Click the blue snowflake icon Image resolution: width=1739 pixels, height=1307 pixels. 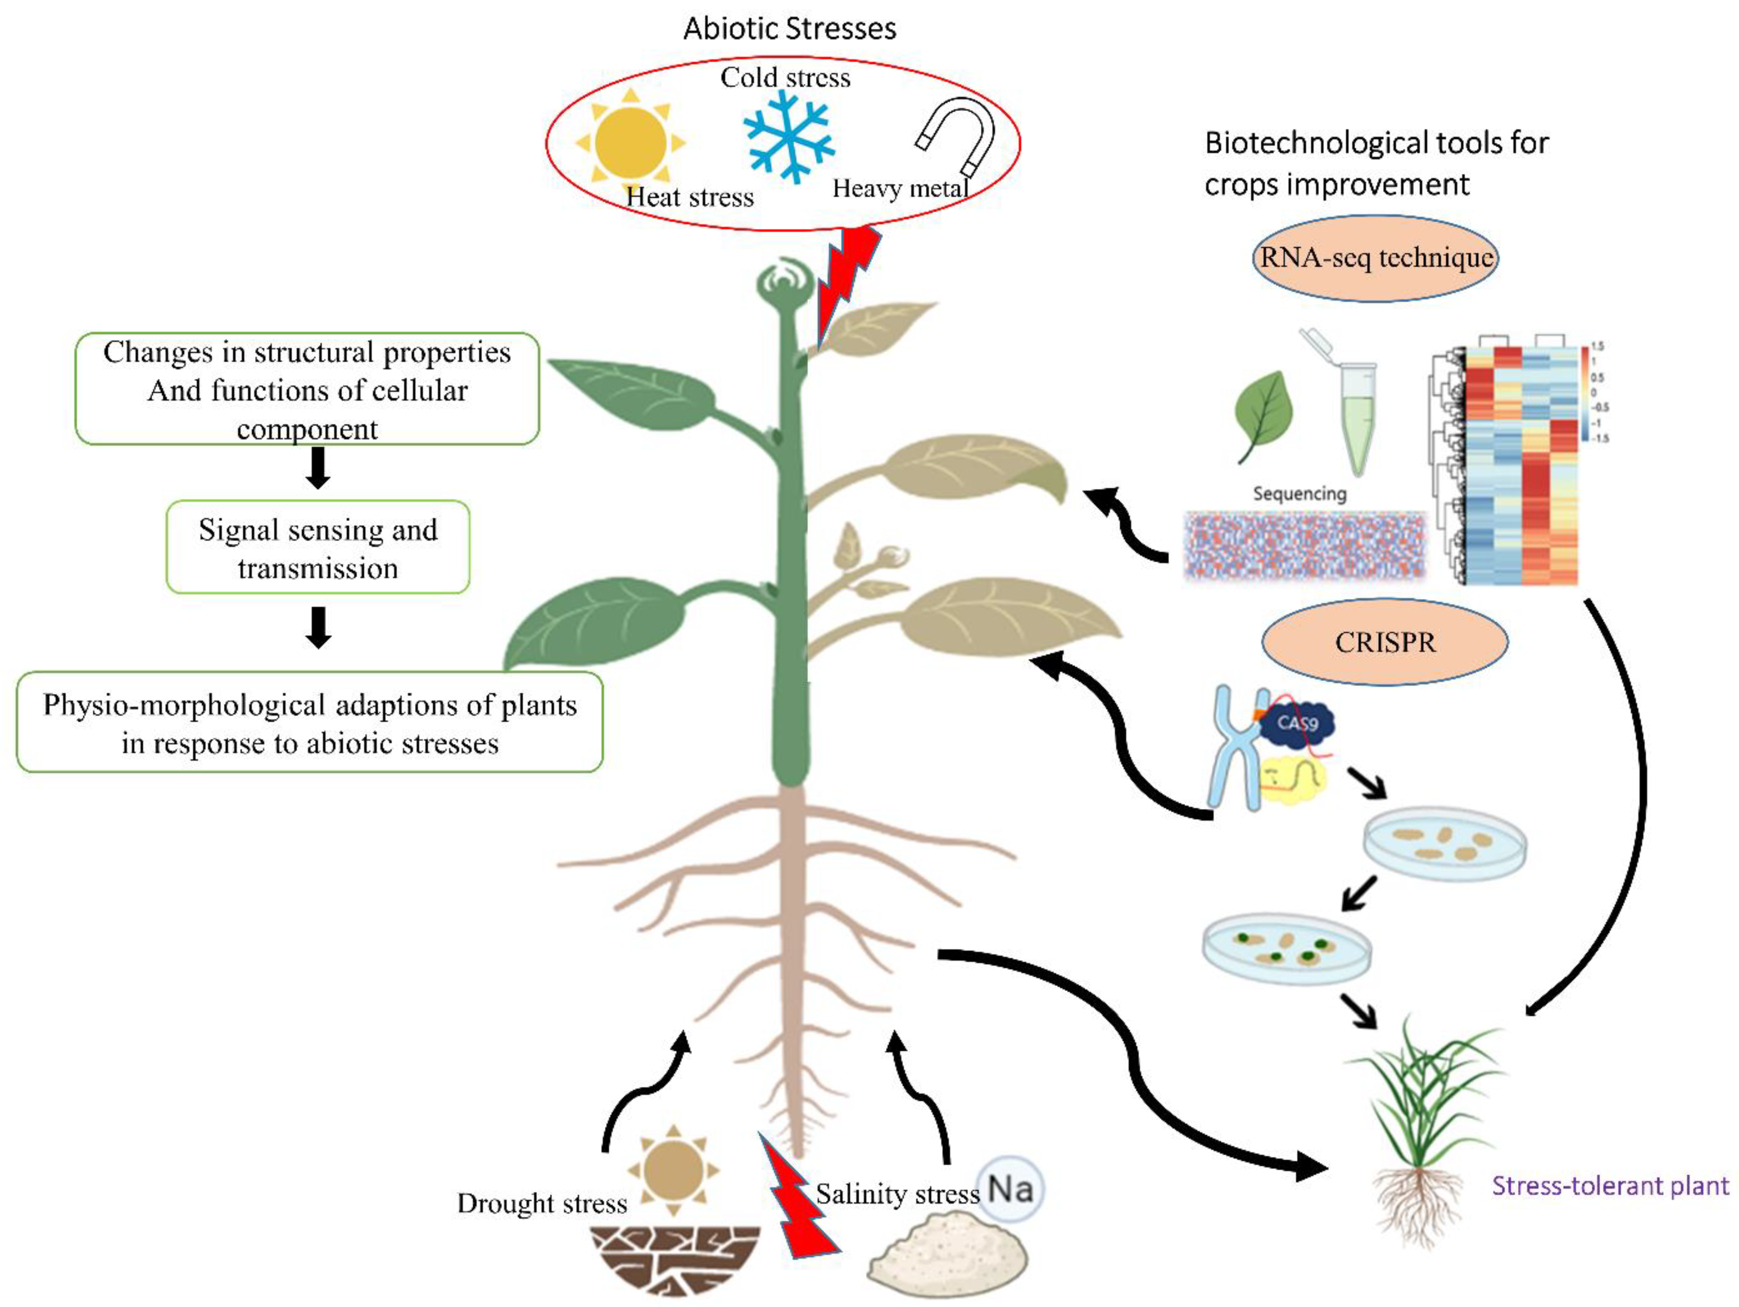pos(788,137)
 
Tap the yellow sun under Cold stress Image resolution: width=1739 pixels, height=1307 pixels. pos(631,143)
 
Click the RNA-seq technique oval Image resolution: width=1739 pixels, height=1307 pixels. pos(1375,258)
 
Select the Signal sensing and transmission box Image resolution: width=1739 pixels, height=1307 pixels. pos(318,548)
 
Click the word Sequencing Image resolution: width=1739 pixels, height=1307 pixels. pos(1299,494)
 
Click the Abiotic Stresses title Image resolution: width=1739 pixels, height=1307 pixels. pos(789,29)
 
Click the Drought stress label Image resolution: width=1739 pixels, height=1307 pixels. pos(542,1203)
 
